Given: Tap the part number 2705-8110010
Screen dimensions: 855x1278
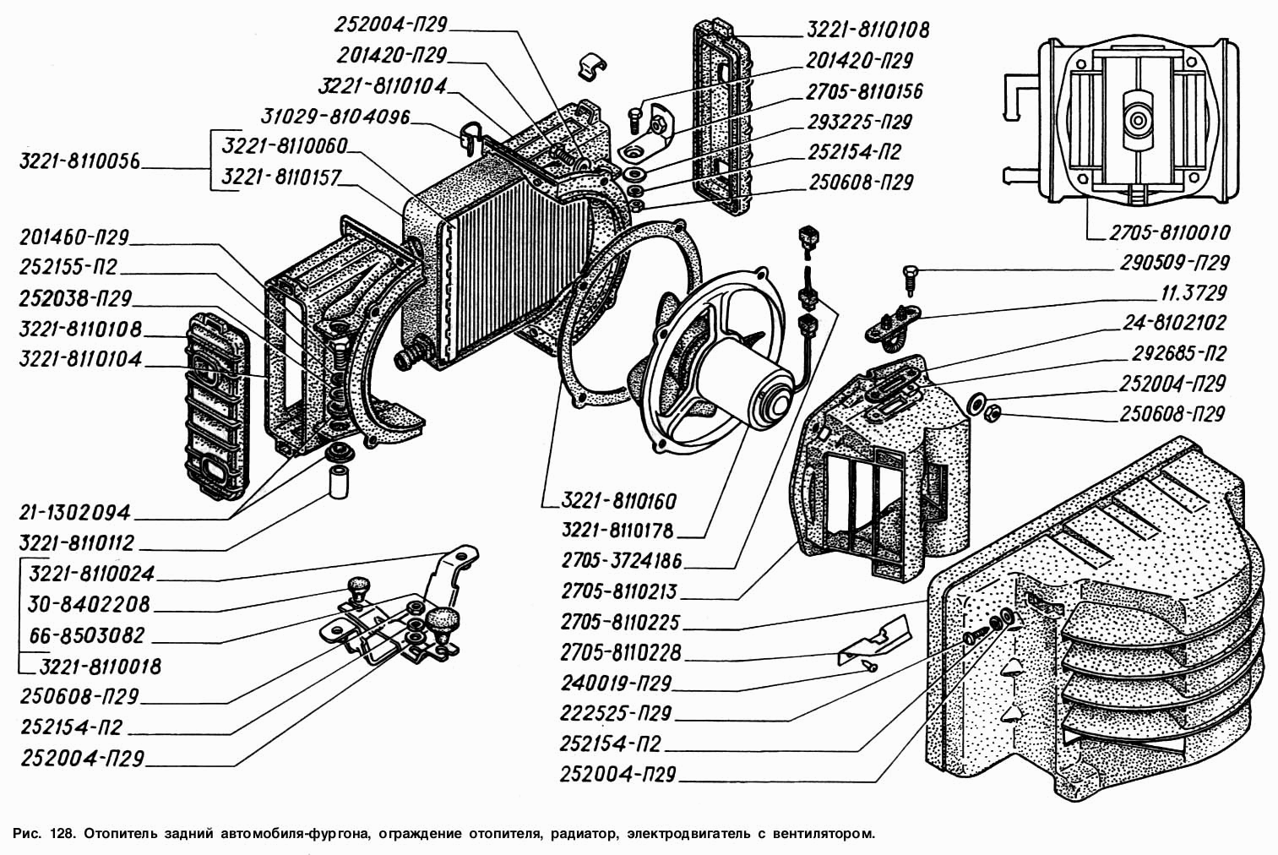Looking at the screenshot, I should tap(1170, 232).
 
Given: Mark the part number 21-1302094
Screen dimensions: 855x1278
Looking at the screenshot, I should tap(77, 512).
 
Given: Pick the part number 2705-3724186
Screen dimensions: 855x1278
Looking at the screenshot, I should tap(621, 561).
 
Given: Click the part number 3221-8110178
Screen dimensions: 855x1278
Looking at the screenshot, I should tap(621, 531).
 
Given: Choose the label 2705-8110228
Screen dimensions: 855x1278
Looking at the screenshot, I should tap(621, 652).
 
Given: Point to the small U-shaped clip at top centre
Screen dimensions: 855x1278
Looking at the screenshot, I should tap(594, 69).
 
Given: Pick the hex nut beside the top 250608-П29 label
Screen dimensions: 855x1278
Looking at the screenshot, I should tap(634, 204).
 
